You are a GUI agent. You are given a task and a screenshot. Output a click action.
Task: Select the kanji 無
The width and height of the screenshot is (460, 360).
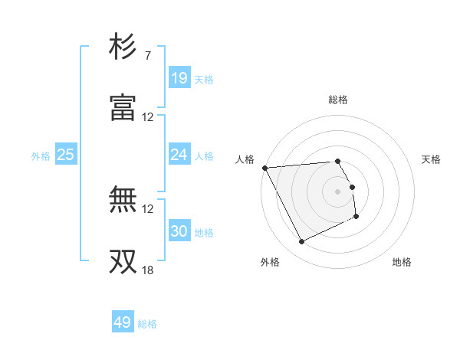(x=123, y=200)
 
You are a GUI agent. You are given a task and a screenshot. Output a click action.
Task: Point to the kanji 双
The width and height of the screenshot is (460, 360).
(x=123, y=260)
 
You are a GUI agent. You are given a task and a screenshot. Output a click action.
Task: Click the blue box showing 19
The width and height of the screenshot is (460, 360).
(x=179, y=78)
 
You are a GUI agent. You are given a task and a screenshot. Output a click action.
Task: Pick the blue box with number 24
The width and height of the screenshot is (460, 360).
(x=179, y=155)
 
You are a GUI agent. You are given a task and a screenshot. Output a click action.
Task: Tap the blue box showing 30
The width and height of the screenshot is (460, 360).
(x=179, y=231)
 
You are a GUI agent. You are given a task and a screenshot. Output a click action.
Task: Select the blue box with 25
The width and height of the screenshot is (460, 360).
(x=66, y=155)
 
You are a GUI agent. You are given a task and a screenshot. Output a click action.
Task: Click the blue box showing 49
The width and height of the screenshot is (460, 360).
(x=123, y=322)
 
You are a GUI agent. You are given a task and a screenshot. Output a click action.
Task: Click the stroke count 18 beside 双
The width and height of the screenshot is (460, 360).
(x=148, y=270)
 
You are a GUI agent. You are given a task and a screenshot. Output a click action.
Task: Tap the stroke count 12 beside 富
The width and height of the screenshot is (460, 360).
(x=148, y=117)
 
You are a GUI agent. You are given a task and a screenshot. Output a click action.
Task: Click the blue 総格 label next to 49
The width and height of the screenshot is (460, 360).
(x=147, y=324)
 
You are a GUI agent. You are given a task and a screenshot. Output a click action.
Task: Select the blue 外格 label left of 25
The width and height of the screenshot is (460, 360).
(x=41, y=156)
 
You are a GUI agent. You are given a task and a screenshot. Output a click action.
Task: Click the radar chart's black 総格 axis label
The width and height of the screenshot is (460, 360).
(x=338, y=100)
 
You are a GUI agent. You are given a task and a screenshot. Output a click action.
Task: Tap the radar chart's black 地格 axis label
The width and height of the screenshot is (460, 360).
(x=402, y=262)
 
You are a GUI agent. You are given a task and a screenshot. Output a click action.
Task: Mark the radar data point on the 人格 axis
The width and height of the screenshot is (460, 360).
(x=264, y=168)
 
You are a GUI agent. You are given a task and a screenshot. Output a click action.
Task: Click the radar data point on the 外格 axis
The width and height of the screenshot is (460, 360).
(x=301, y=242)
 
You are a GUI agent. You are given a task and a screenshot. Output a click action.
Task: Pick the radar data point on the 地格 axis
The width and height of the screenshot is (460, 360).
(x=356, y=217)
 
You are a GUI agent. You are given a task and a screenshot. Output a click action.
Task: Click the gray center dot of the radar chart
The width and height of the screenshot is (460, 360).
(x=338, y=191)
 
